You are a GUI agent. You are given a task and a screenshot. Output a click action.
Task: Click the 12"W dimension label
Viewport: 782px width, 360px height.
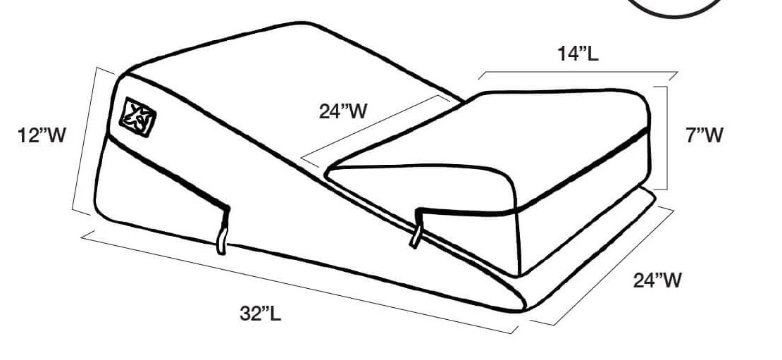point(42,135)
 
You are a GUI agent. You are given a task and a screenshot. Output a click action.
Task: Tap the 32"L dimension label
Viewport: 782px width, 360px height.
point(260,313)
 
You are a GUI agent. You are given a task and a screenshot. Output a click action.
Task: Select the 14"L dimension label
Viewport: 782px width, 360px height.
point(578,54)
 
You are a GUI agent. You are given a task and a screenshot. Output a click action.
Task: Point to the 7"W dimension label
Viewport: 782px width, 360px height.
point(705,135)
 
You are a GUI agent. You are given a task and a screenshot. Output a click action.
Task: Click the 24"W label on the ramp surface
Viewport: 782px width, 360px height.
point(343,111)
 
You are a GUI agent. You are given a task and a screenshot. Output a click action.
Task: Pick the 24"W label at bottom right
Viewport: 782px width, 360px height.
point(657,280)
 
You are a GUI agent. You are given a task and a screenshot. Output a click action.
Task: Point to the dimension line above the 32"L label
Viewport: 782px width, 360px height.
point(296,282)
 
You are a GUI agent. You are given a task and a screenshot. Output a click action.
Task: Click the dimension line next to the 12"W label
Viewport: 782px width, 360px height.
point(85,141)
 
